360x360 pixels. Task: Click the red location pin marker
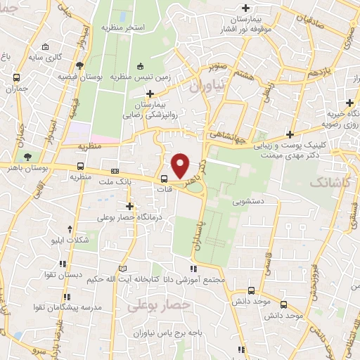point(181,166)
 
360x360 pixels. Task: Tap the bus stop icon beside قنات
point(164,179)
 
